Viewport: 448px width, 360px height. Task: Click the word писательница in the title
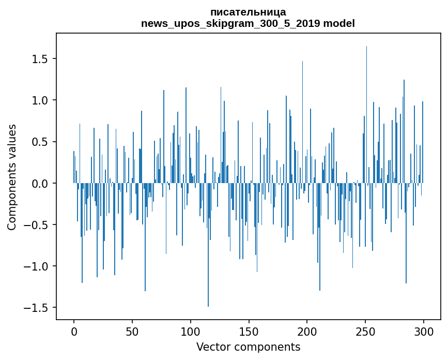tap(248, 12)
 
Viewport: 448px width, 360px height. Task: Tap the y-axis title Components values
tap(12, 177)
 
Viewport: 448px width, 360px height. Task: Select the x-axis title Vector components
tap(248, 347)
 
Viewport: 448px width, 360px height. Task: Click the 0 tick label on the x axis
tap(74, 331)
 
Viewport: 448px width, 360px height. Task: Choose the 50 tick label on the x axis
tap(132, 331)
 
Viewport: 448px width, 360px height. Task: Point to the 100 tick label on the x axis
tap(191, 331)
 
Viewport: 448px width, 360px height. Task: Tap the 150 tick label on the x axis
tap(249, 331)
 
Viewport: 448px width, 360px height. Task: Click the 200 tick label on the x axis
tap(307, 331)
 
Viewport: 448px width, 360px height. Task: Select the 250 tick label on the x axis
tap(366, 331)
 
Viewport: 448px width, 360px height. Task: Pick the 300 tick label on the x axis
tap(424, 331)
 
